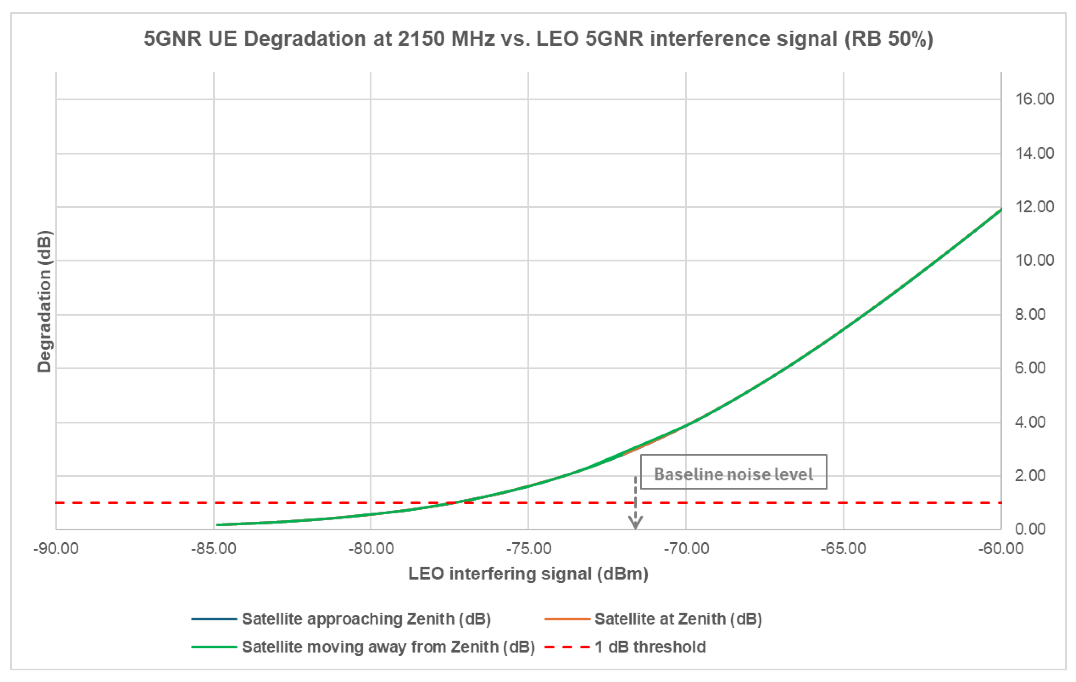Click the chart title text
pyautogui.click(x=539, y=39)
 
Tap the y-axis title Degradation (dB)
pyautogui.click(x=44, y=302)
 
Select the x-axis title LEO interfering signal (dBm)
pyautogui.click(x=528, y=574)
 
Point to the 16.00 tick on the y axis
pyautogui.click(x=1034, y=99)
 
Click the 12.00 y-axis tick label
pyautogui.click(x=1034, y=207)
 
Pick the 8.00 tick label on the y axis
pyautogui.click(x=1030, y=315)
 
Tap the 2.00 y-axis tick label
pyautogui.click(x=1030, y=475)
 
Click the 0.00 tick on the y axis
pyautogui.click(x=1030, y=529)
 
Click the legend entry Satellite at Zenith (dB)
pyautogui.click(x=653, y=619)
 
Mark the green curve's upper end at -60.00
pyautogui.click(x=1001, y=209)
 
